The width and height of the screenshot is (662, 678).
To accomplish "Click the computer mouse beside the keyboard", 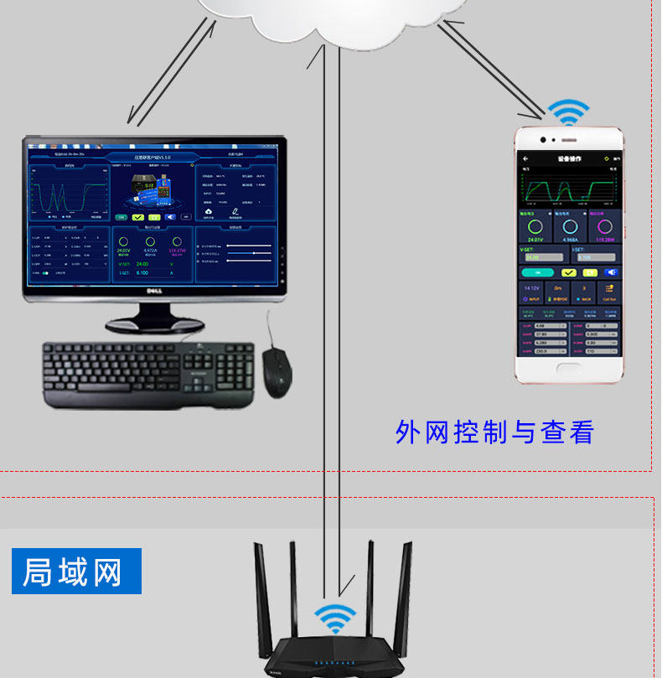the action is click(x=277, y=372).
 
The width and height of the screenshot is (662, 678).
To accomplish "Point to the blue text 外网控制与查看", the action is click(x=494, y=432).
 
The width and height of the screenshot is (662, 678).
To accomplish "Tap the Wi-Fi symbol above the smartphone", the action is click(x=569, y=113).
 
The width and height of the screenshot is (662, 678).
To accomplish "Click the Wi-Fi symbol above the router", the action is click(x=335, y=618).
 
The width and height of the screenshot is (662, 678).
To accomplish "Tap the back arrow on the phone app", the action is click(x=525, y=158).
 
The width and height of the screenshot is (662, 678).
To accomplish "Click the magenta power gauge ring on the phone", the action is click(x=603, y=227).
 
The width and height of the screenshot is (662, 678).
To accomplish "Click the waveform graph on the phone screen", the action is click(x=569, y=185).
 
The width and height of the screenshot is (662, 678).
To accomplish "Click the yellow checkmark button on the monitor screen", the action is click(x=138, y=217).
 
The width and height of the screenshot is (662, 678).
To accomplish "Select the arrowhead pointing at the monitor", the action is click(x=132, y=119).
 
